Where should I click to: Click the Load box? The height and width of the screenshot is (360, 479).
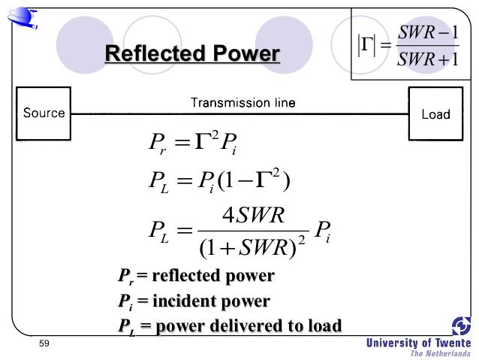coord(435,114)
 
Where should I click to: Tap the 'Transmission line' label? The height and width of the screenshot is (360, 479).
coord(243,102)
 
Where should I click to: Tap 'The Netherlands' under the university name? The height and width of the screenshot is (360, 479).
coord(440,353)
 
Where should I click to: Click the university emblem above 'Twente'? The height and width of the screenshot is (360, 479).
coord(460,325)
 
